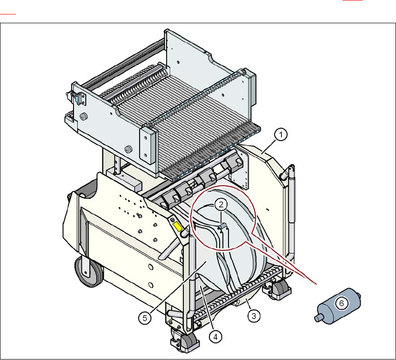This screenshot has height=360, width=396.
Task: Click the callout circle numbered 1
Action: pyautogui.click(x=280, y=135)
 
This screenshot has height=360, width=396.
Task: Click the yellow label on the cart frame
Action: pyautogui.click(x=177, y=227)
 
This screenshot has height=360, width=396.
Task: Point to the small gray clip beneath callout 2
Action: pyautogui.click(x=222, y=226)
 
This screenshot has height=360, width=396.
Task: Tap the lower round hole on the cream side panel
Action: pyautogui.click(x=150, y=284)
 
